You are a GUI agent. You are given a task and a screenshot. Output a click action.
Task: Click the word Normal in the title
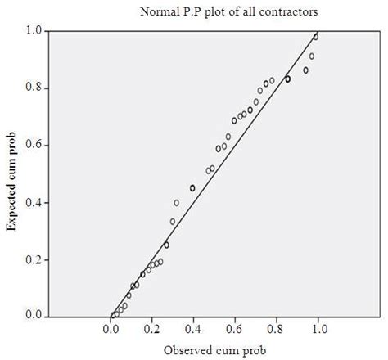click(x=158, y=11)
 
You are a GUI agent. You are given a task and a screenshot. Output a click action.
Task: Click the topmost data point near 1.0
click(x=316, y=37)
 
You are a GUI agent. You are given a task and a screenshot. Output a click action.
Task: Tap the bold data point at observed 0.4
click(x=192, y=188)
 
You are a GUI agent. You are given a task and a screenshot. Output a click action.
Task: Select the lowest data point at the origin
click(x=112, y=316)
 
